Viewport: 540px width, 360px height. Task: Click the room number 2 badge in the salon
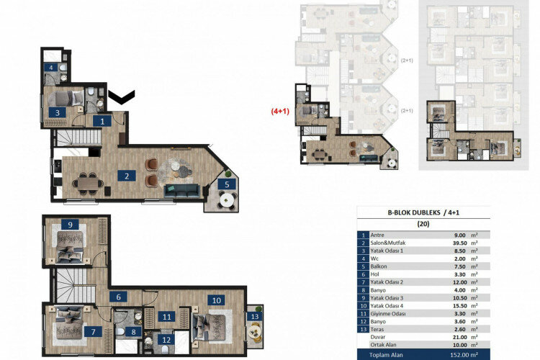(126, 175)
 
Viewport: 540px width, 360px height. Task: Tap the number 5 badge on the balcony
(228, 184)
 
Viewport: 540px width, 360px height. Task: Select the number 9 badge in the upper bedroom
(71, 225)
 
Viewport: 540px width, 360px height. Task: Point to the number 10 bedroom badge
(216, 300)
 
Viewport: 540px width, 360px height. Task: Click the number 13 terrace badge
(254, 316)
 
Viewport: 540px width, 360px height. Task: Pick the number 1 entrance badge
(103, 121)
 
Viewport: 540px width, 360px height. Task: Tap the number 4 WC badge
(50, 68)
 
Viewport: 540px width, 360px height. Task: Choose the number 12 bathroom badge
(166, 340)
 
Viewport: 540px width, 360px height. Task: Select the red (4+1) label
(279, 112)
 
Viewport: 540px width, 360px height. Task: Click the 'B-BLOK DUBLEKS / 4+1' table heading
(423, 212)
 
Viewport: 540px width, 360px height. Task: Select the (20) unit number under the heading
(423, 224)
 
